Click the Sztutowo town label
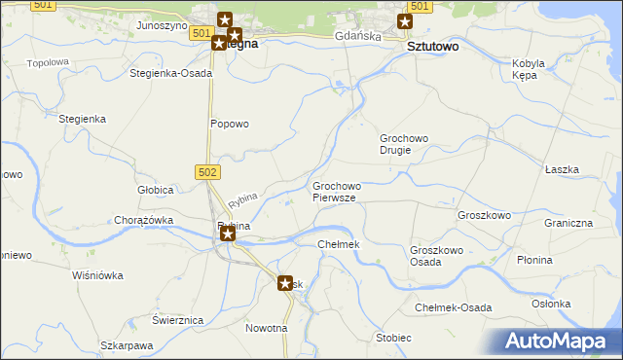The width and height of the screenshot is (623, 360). coord(432,46)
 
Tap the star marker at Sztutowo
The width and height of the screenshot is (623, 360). coord(405,21)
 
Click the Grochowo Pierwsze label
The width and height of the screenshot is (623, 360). coord(337,191)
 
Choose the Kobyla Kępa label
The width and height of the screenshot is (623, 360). coord(529,69)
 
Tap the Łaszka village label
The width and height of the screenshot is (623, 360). coord(562,169)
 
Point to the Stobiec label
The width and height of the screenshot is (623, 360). coord(393,338)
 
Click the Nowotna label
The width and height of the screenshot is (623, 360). coord(267,328)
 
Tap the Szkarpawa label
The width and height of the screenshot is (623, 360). coord(128,345)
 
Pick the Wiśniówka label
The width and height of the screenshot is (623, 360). coord(98,275)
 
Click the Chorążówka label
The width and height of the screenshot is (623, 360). coord(144,220)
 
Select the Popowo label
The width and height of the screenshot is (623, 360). coord(231,124)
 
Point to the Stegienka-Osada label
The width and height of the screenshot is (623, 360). coord(171,73)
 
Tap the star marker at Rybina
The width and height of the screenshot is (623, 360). coord(227,234)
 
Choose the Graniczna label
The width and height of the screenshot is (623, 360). coord(568,223)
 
